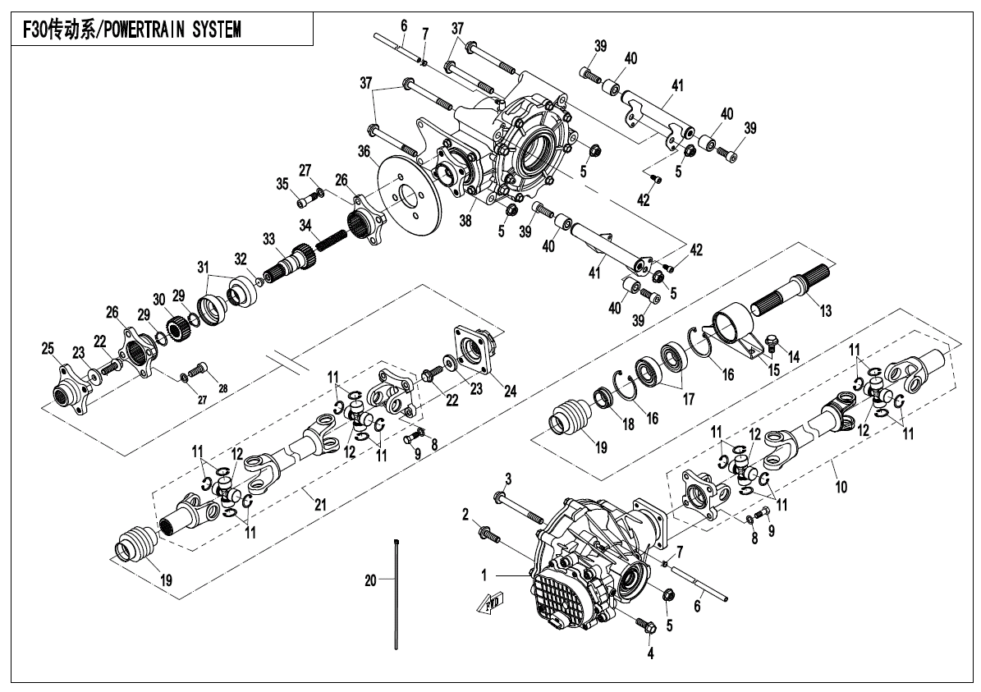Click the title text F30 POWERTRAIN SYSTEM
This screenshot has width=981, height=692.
(x=131, y=30)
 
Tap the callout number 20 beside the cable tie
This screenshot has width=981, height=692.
(x=370, y=580)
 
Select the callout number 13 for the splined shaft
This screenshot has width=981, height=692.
(x=826, y=310)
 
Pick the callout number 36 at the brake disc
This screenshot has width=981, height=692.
(x=364, y=151)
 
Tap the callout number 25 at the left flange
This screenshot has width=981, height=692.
(x=48, y=349)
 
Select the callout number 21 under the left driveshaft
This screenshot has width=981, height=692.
(x=320, y=504)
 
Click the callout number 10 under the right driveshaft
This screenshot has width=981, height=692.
(x=841, y=485)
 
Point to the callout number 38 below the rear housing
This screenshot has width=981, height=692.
(x=466, y=221)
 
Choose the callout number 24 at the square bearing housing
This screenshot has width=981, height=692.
(x=511, y=392)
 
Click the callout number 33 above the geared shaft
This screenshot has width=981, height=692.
(x=269, y=239)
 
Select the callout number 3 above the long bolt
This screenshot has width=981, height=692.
(x=509, y=479)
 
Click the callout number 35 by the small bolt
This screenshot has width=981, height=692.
(x=282, y=184)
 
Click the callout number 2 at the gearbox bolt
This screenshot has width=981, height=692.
(x=465, y=515)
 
